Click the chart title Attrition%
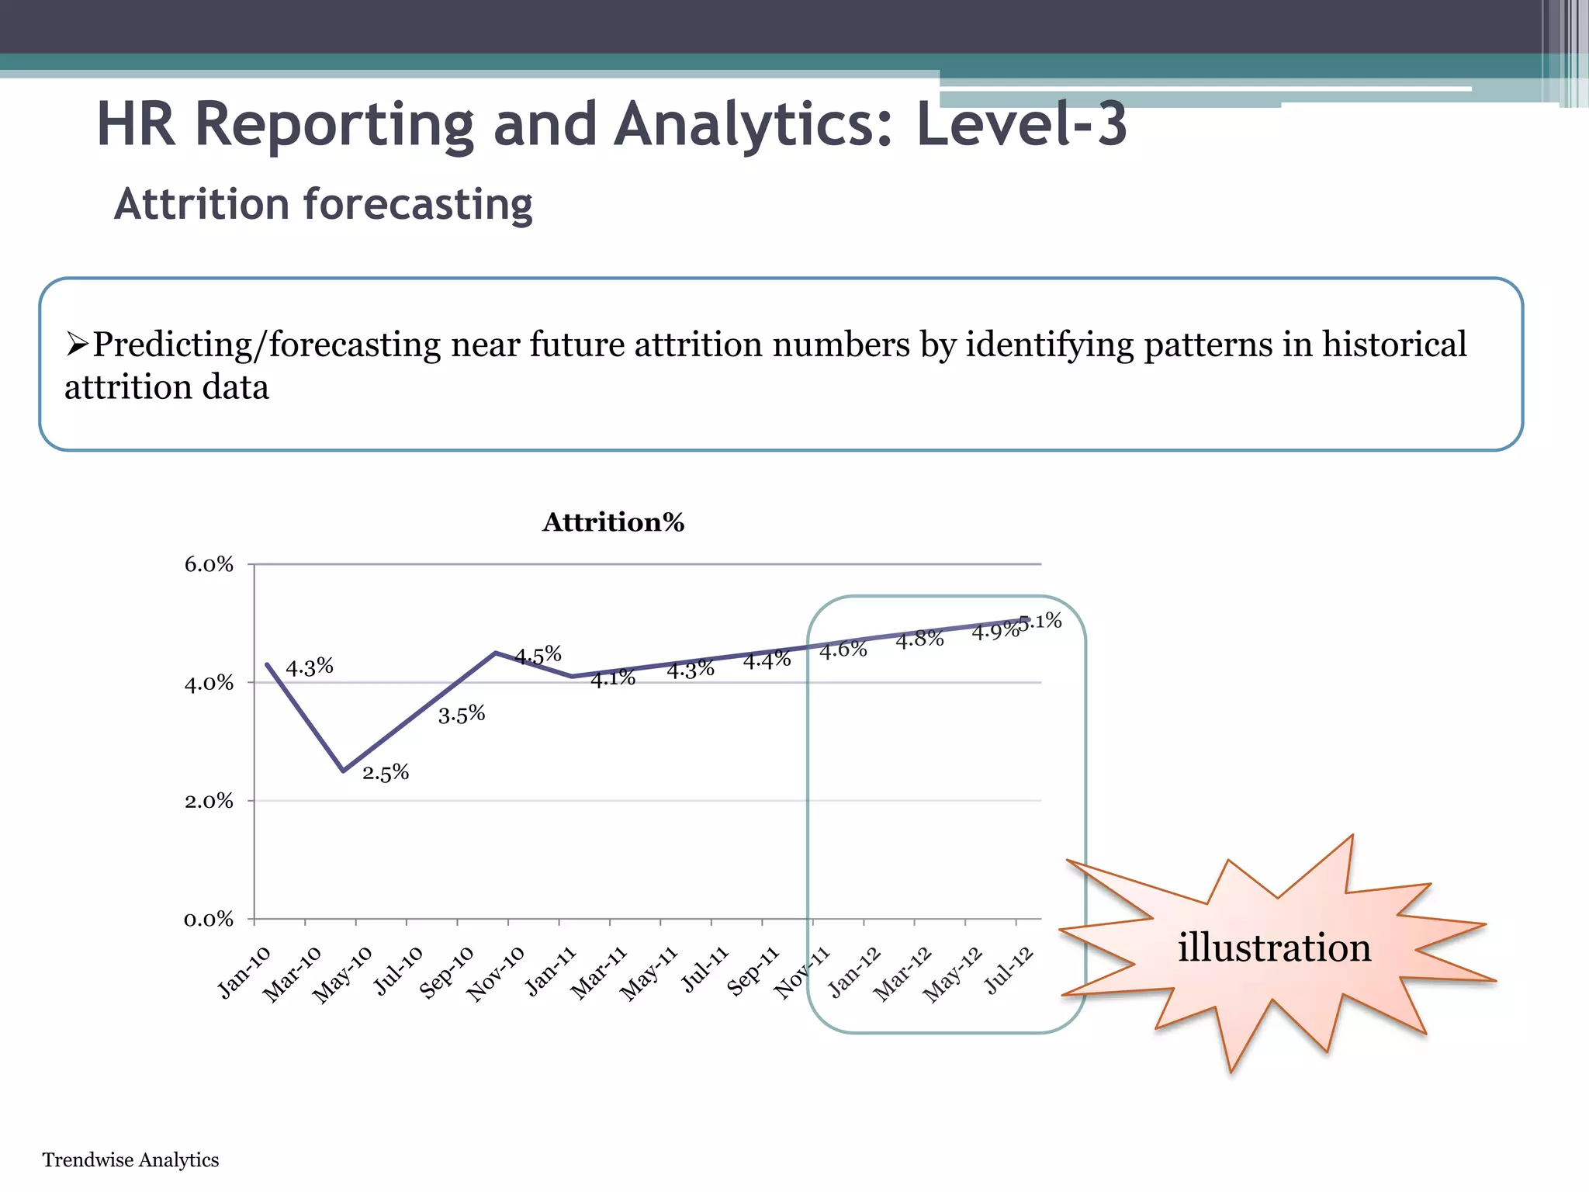(613, 522)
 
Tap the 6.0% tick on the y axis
(209, 565)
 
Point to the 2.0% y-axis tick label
(209, 802)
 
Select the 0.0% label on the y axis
(209, 920)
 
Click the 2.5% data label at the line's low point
(386, 772)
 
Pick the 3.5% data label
(462, 714)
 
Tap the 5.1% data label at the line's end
(1040, 621)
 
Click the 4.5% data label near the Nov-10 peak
(538, 655)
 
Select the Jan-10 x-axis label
(244, 972)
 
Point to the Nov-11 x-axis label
(802, 972)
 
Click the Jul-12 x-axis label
(1009, 970)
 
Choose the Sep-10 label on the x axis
(447, 972)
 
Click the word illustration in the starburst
(1274, 948)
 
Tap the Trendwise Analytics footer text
(130, 1159)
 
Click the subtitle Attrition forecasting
(324, 205)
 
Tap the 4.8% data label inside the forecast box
(919, 639)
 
